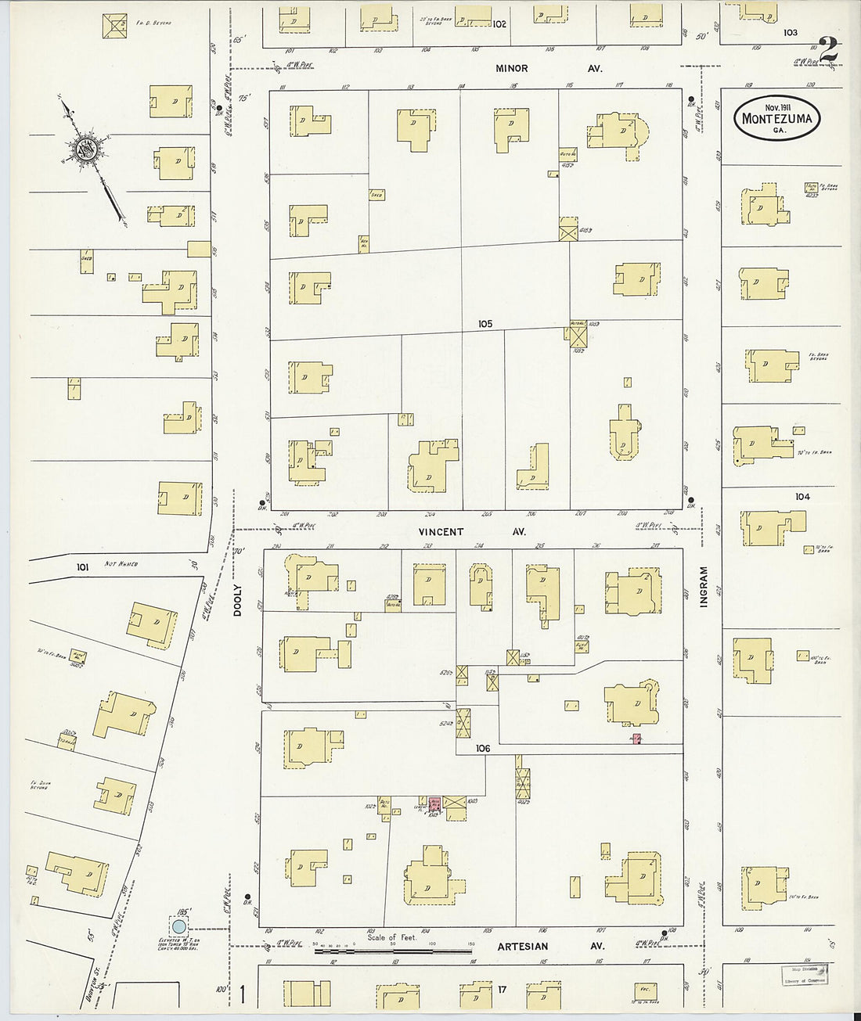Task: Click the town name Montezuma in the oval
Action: point(776,120)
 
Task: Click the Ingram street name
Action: point(703,587)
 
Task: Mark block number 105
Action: point(485,323)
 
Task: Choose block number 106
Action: point(482,749)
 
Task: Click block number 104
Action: point(802,497)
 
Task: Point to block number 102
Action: point(499,24)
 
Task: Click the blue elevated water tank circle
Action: point(178,927)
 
